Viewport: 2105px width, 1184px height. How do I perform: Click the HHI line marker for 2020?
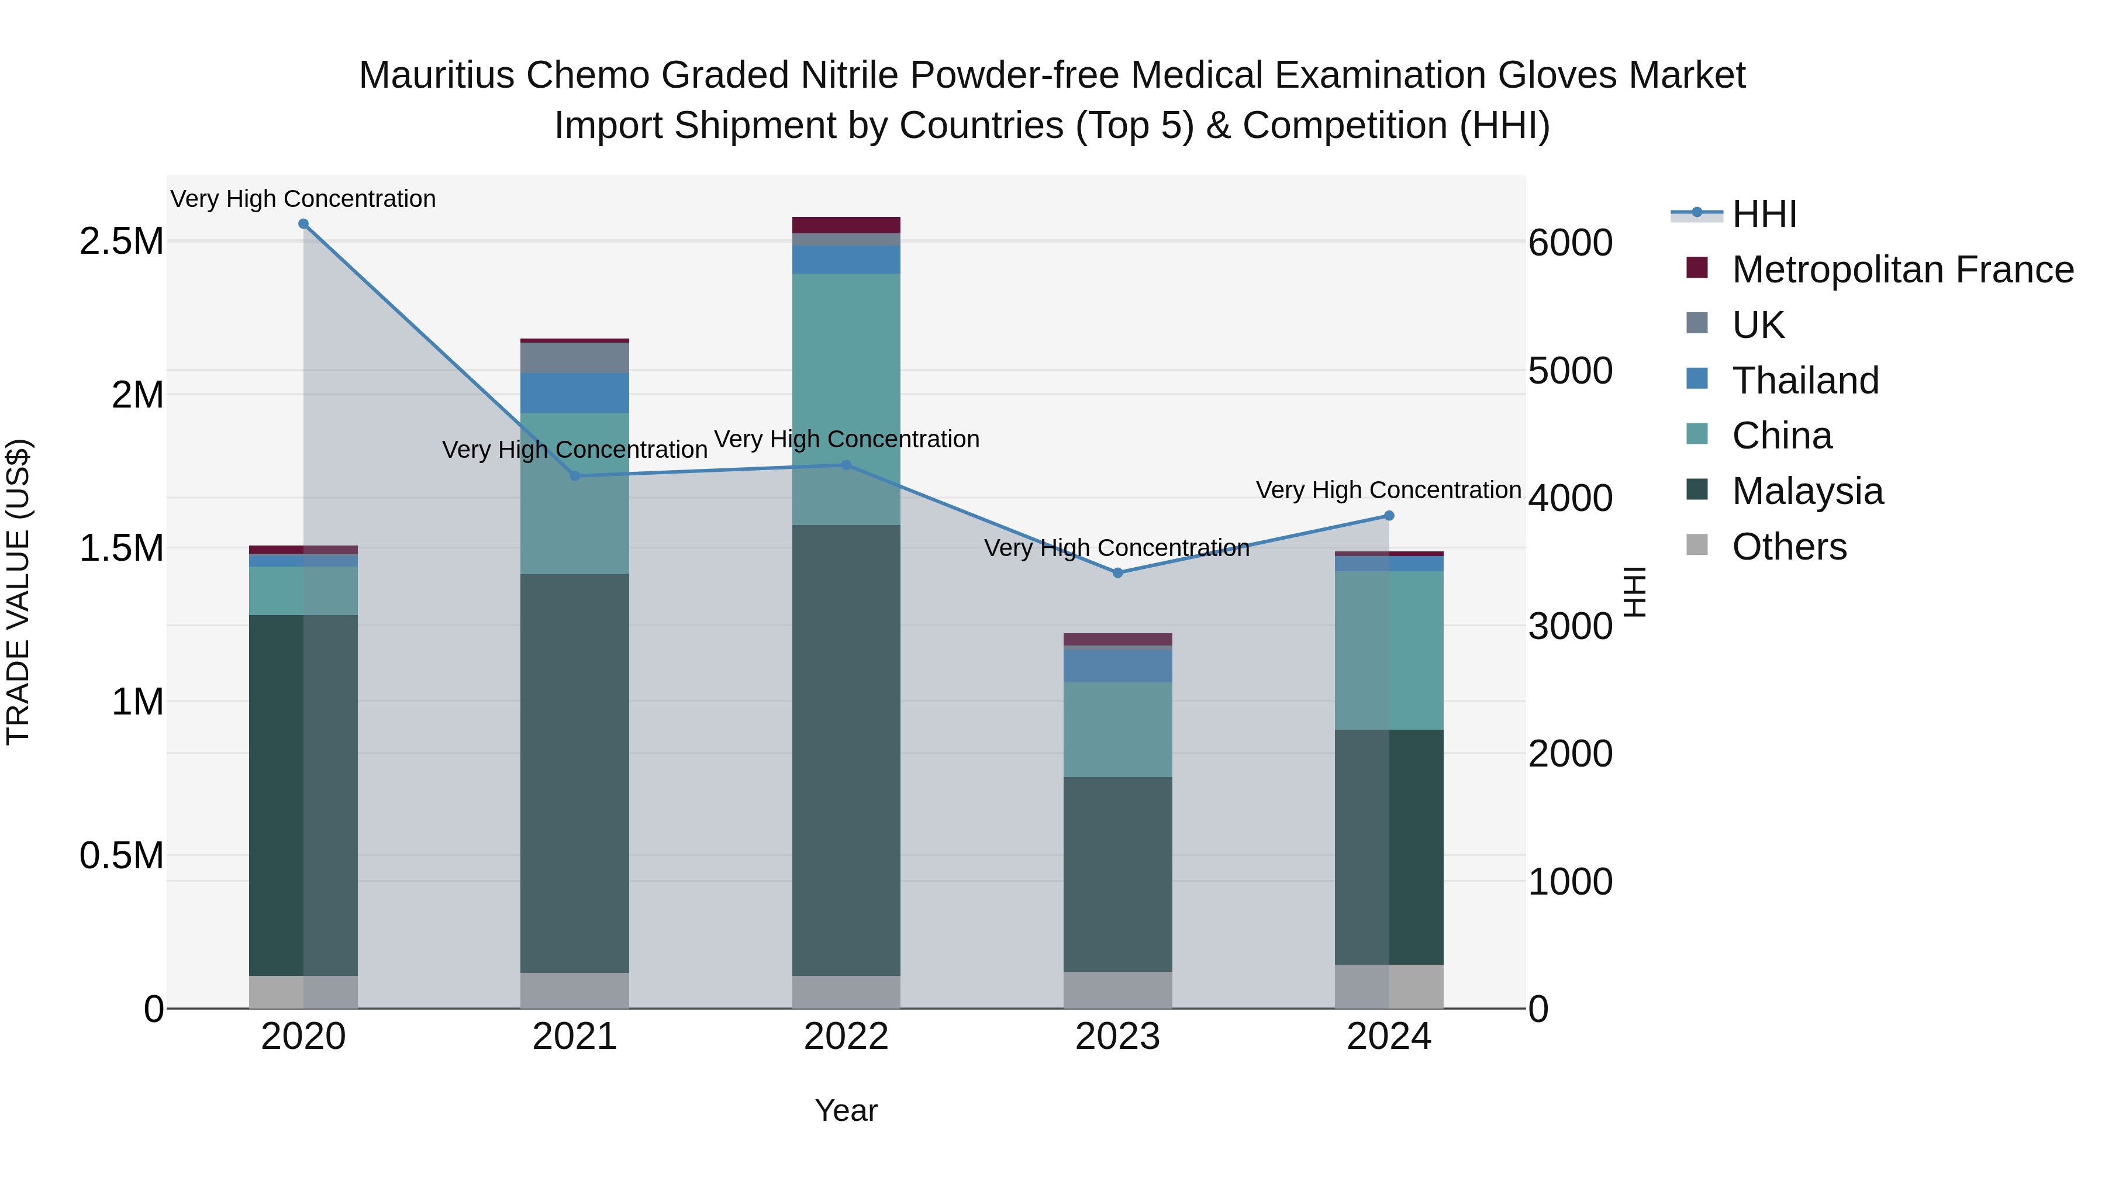point(303,223)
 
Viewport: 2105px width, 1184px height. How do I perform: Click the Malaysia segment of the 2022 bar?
point(846,750)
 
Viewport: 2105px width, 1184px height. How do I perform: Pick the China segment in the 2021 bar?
point(574,493)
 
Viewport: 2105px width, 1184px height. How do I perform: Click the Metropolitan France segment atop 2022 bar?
point(846,225)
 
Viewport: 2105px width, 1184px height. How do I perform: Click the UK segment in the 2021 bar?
point(574,357)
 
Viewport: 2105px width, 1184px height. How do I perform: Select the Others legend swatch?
point(1697,545)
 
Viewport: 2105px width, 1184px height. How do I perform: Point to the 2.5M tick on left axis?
point(122,242)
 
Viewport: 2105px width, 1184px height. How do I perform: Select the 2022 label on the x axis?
point(846,1037)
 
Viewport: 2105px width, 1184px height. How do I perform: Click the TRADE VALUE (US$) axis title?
point(18,592)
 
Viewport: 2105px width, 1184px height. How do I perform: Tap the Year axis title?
point(846,1110)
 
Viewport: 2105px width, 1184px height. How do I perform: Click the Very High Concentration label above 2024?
point(1388,491)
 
